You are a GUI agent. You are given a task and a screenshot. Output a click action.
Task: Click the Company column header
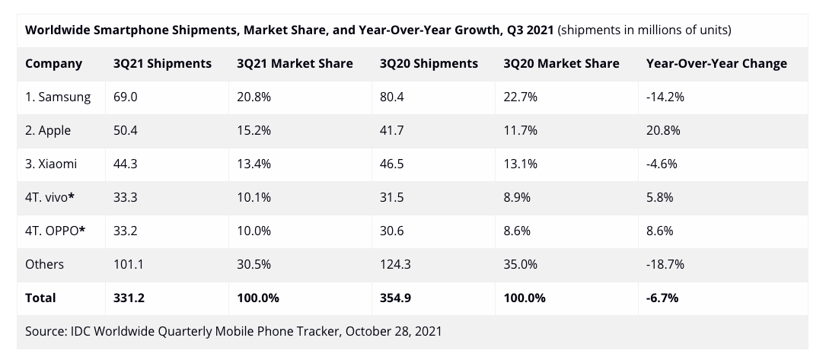click(x=54, y=64)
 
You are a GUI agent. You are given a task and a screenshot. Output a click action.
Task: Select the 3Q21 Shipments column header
click(x=162, y=64)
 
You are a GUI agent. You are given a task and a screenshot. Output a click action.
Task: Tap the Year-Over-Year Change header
click(x=716, y=64)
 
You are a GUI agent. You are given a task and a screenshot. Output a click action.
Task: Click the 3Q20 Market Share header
click(x=561, y=64)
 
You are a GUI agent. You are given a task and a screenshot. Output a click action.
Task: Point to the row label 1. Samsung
click(x=58, y=97)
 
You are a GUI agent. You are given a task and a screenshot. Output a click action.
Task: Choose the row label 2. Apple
click(x=48, y=130)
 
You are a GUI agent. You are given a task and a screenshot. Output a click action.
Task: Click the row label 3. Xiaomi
click(x=51, y=164)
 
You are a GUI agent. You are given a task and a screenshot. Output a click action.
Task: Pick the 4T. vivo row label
click(x=50, y=197)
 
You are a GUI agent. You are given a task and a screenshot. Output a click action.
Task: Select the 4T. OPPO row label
click(x=56, y=231)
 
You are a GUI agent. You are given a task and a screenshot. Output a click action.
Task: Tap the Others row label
click(x=44, y=264)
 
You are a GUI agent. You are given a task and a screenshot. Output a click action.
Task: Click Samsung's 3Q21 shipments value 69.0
click(x=126, y=97)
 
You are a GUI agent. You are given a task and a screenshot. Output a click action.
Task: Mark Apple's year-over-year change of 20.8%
click(x=663, y=130)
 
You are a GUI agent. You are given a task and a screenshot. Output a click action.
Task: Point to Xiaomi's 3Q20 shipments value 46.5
click(x=392, y=164)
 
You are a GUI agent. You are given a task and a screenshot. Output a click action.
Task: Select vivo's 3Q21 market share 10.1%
click(x=254, y=197)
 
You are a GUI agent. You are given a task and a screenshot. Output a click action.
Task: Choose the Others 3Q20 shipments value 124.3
click(x=395, y=264)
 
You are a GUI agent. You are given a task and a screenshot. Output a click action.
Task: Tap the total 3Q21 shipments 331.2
click(x=129, y=298)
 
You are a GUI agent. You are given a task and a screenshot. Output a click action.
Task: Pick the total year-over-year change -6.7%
click(x=662, y=298)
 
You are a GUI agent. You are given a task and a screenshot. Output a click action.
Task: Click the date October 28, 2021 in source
click(x=394, y=332)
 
